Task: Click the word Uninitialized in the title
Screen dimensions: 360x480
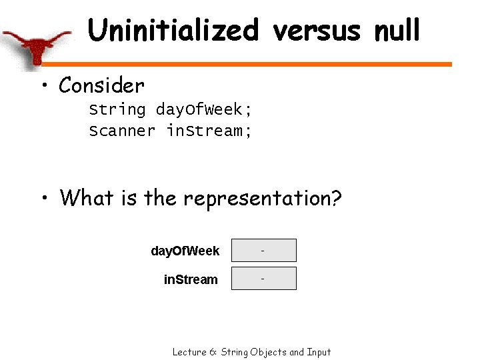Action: click(173, 31)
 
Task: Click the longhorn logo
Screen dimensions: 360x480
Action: click(37, 47)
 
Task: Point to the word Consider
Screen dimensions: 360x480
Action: click(101, 85)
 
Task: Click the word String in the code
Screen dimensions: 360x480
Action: click(117, 109)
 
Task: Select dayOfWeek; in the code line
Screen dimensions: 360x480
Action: click(204, 109)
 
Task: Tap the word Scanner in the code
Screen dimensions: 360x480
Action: click(122, 131)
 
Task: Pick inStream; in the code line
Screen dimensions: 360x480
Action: click(209, 131)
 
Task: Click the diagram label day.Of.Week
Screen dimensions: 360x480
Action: click(185, 251)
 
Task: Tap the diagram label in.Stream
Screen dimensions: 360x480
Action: click(191, 279)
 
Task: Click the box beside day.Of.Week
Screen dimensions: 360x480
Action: click(263, 251)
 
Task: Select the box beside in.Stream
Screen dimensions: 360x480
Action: click(263, 279)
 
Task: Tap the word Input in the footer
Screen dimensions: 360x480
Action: click(319, 352)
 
